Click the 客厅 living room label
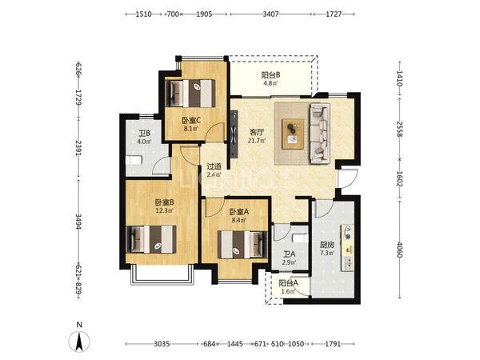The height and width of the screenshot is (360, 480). (257, 132)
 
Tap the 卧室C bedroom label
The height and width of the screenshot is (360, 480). (191, 121)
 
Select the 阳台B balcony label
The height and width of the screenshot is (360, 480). (271, 74)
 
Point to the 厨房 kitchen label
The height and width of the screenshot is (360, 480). (327, 245)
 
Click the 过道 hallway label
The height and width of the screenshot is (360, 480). (214, 166)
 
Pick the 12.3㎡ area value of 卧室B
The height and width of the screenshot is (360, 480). (165, 210)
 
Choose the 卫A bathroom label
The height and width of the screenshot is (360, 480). (289, 254)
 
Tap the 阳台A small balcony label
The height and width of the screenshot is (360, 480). (288, 283)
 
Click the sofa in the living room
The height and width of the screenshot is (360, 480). (320, 133)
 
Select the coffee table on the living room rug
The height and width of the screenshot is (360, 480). (294, 134)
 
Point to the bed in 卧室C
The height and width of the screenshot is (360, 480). (190, 94)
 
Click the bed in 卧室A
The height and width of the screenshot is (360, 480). (242, 244)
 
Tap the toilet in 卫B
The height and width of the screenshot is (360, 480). (134, 160)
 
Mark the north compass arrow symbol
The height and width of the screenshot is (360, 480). (79, 342)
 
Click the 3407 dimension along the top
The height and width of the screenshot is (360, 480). (270, 14)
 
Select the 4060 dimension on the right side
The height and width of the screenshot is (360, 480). (399, 250)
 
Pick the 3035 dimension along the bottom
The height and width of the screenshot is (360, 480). (162, 344)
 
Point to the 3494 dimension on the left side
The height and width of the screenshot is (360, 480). (78, 222)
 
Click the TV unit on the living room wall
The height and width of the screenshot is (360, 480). (234, 134)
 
